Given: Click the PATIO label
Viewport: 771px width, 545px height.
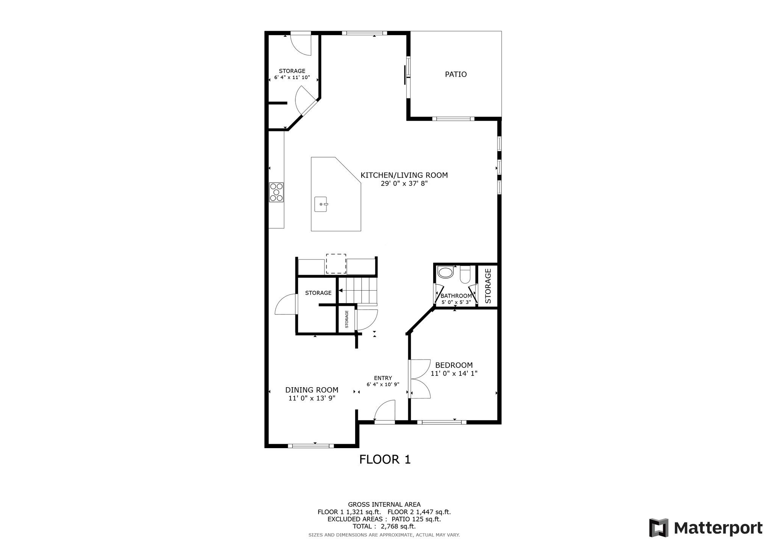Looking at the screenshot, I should point(456,75).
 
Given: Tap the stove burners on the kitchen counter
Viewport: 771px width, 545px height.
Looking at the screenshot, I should point(276,192).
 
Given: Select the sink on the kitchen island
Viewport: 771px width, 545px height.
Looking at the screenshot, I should point(321,204).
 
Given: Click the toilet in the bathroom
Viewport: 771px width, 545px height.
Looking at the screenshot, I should point(465,275).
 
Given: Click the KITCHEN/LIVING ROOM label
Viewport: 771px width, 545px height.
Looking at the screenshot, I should point(404,175).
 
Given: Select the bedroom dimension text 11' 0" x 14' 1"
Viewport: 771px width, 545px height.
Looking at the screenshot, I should point(454,374).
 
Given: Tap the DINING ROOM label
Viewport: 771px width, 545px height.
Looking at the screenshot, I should point(312,390).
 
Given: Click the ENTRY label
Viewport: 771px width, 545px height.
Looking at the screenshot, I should point(383,378).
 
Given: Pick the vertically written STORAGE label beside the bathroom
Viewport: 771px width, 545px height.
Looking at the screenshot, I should point(488,286).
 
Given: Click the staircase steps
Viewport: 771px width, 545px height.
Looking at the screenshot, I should point(358,290).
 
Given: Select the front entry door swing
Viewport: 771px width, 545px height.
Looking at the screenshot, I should point(384,411).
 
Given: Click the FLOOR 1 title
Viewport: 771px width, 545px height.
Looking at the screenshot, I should point(385,459).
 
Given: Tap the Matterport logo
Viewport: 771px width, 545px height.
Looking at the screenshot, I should point(705,528).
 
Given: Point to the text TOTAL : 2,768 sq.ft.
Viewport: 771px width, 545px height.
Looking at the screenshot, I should point(384,526).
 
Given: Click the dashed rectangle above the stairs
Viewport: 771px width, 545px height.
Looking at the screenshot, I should point(336,263).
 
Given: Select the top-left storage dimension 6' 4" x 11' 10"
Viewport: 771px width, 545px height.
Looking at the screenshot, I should point(292,78).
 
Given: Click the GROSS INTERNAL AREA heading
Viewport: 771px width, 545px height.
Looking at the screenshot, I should point(384,504).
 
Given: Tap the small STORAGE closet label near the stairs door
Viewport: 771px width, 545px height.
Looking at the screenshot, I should point(346,319).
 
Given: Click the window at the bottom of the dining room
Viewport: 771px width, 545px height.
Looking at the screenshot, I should point(311,445).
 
